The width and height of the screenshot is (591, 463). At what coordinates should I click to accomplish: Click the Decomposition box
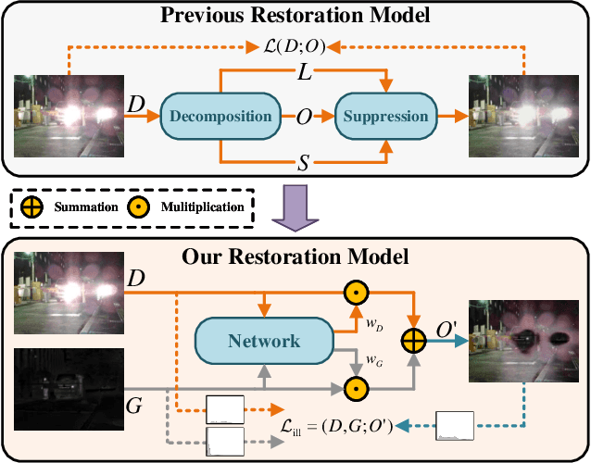click(220, 117)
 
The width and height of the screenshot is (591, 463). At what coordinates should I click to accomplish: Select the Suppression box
click(386, 117)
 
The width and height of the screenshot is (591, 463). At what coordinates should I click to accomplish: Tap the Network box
click(264, 341)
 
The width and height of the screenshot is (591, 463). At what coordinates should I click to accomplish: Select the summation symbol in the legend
click(31, 206)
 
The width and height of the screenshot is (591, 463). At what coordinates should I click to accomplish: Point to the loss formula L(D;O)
click(295, 44)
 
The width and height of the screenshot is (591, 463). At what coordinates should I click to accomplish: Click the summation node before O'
click(412, 341)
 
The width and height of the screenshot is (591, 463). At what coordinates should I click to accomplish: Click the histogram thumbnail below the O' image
click(454, 426)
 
